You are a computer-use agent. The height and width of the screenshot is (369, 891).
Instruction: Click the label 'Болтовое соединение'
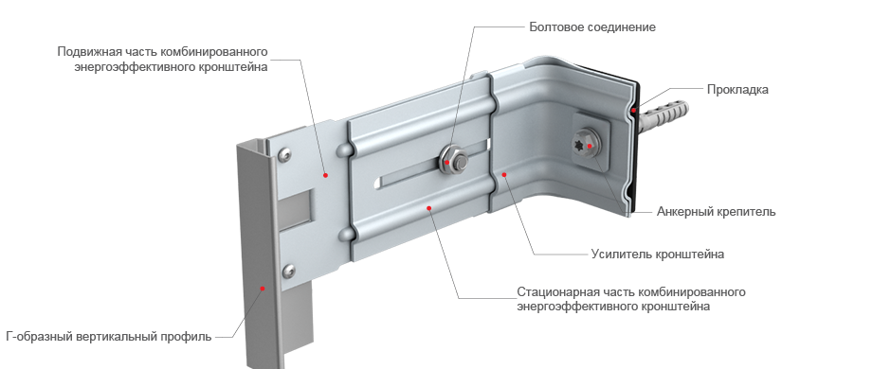tap(592, 26)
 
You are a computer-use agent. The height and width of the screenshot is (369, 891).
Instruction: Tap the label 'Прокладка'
tap(737, 90)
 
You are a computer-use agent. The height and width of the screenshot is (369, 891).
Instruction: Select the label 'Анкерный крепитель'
tap(716, 211)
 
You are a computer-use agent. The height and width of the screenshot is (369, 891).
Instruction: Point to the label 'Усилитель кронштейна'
tap(658, 254)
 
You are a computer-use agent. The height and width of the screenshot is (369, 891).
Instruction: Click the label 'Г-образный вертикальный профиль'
tap(109, 337)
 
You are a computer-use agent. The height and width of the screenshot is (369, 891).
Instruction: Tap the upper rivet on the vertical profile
tap(284, 153)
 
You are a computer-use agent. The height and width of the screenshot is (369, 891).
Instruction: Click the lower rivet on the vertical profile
tap(288, 271)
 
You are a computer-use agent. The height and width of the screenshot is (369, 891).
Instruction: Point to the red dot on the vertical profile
tap(263, 289)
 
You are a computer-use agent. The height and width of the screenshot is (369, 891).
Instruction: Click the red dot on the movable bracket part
tap(326, 175)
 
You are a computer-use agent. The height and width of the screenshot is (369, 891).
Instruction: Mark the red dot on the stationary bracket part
tap(429, 208)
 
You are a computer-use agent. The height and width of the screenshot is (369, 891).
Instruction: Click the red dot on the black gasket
tap(633, 110)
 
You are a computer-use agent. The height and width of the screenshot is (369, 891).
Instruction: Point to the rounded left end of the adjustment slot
tap(378, 183)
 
